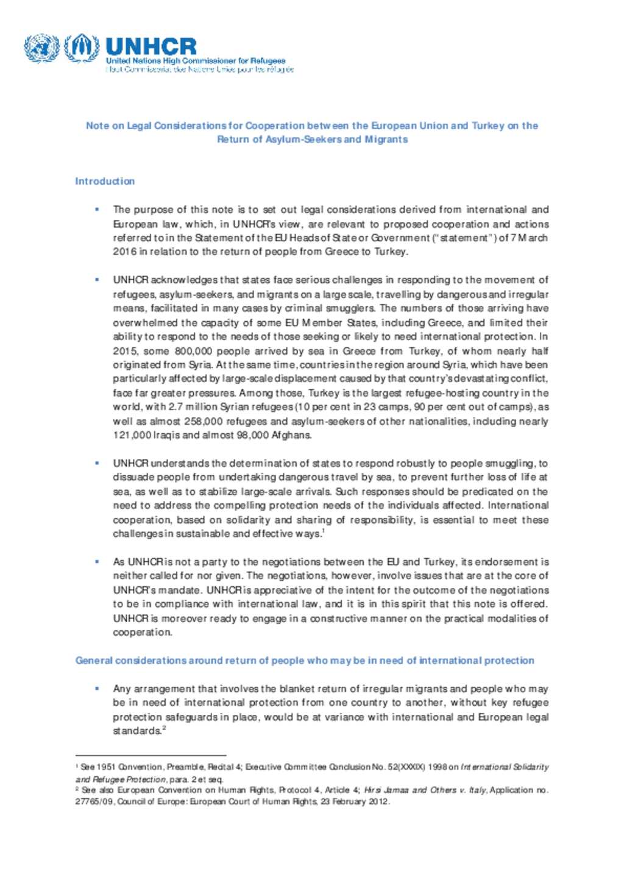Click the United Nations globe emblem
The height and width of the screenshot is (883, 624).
[x=41, y=48]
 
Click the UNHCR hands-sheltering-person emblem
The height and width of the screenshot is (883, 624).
[x=82, y=48]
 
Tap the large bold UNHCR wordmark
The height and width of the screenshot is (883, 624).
[x=151, y=46]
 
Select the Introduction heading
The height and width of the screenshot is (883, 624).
[x=105, y=181]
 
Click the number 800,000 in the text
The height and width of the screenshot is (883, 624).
[x=193, y=351]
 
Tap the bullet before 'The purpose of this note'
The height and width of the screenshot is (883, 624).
[x=97, y=210]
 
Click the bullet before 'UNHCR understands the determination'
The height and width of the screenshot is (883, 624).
[x=97, y=463]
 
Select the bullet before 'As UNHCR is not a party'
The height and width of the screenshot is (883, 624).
[x=97, y=562]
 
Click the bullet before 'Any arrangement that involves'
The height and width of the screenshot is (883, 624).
[x=97, y=689]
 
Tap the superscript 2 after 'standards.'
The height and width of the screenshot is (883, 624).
[x=165, y=728]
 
